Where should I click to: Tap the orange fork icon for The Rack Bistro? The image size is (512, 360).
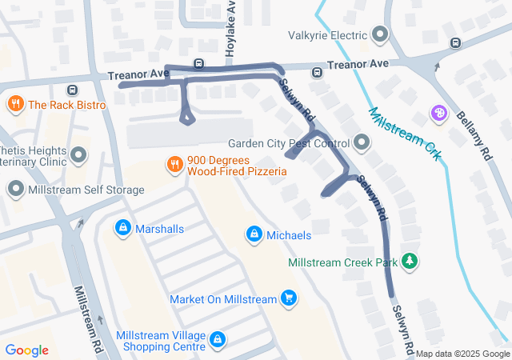point(15,104)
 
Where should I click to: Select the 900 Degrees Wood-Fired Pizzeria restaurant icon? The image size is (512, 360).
point(174,165)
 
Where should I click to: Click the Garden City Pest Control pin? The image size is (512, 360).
point(362,143)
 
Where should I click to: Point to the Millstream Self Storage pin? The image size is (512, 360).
point(15,190)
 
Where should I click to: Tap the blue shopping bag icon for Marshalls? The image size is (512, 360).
point(122,229)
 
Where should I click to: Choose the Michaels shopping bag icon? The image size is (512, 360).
point(254,234)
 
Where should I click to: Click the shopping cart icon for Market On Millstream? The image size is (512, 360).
point(289,299)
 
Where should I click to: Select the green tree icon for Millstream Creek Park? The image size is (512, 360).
point(410,262)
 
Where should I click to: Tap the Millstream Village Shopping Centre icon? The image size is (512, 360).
point(217,342)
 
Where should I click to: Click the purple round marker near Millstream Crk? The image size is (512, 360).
point(438,114)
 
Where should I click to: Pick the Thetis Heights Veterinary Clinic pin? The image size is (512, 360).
point(78,154)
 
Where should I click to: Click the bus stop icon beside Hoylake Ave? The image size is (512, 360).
point(198,64)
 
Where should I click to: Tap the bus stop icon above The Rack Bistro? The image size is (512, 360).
point(73,90)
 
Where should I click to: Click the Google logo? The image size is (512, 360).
point(27,350)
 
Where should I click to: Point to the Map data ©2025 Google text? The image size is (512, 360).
point(462,354)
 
